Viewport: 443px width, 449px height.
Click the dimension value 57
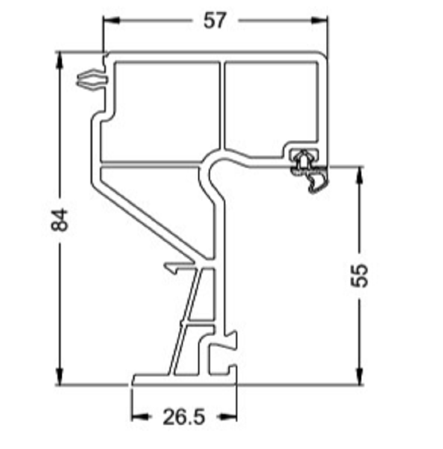(215, 20)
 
